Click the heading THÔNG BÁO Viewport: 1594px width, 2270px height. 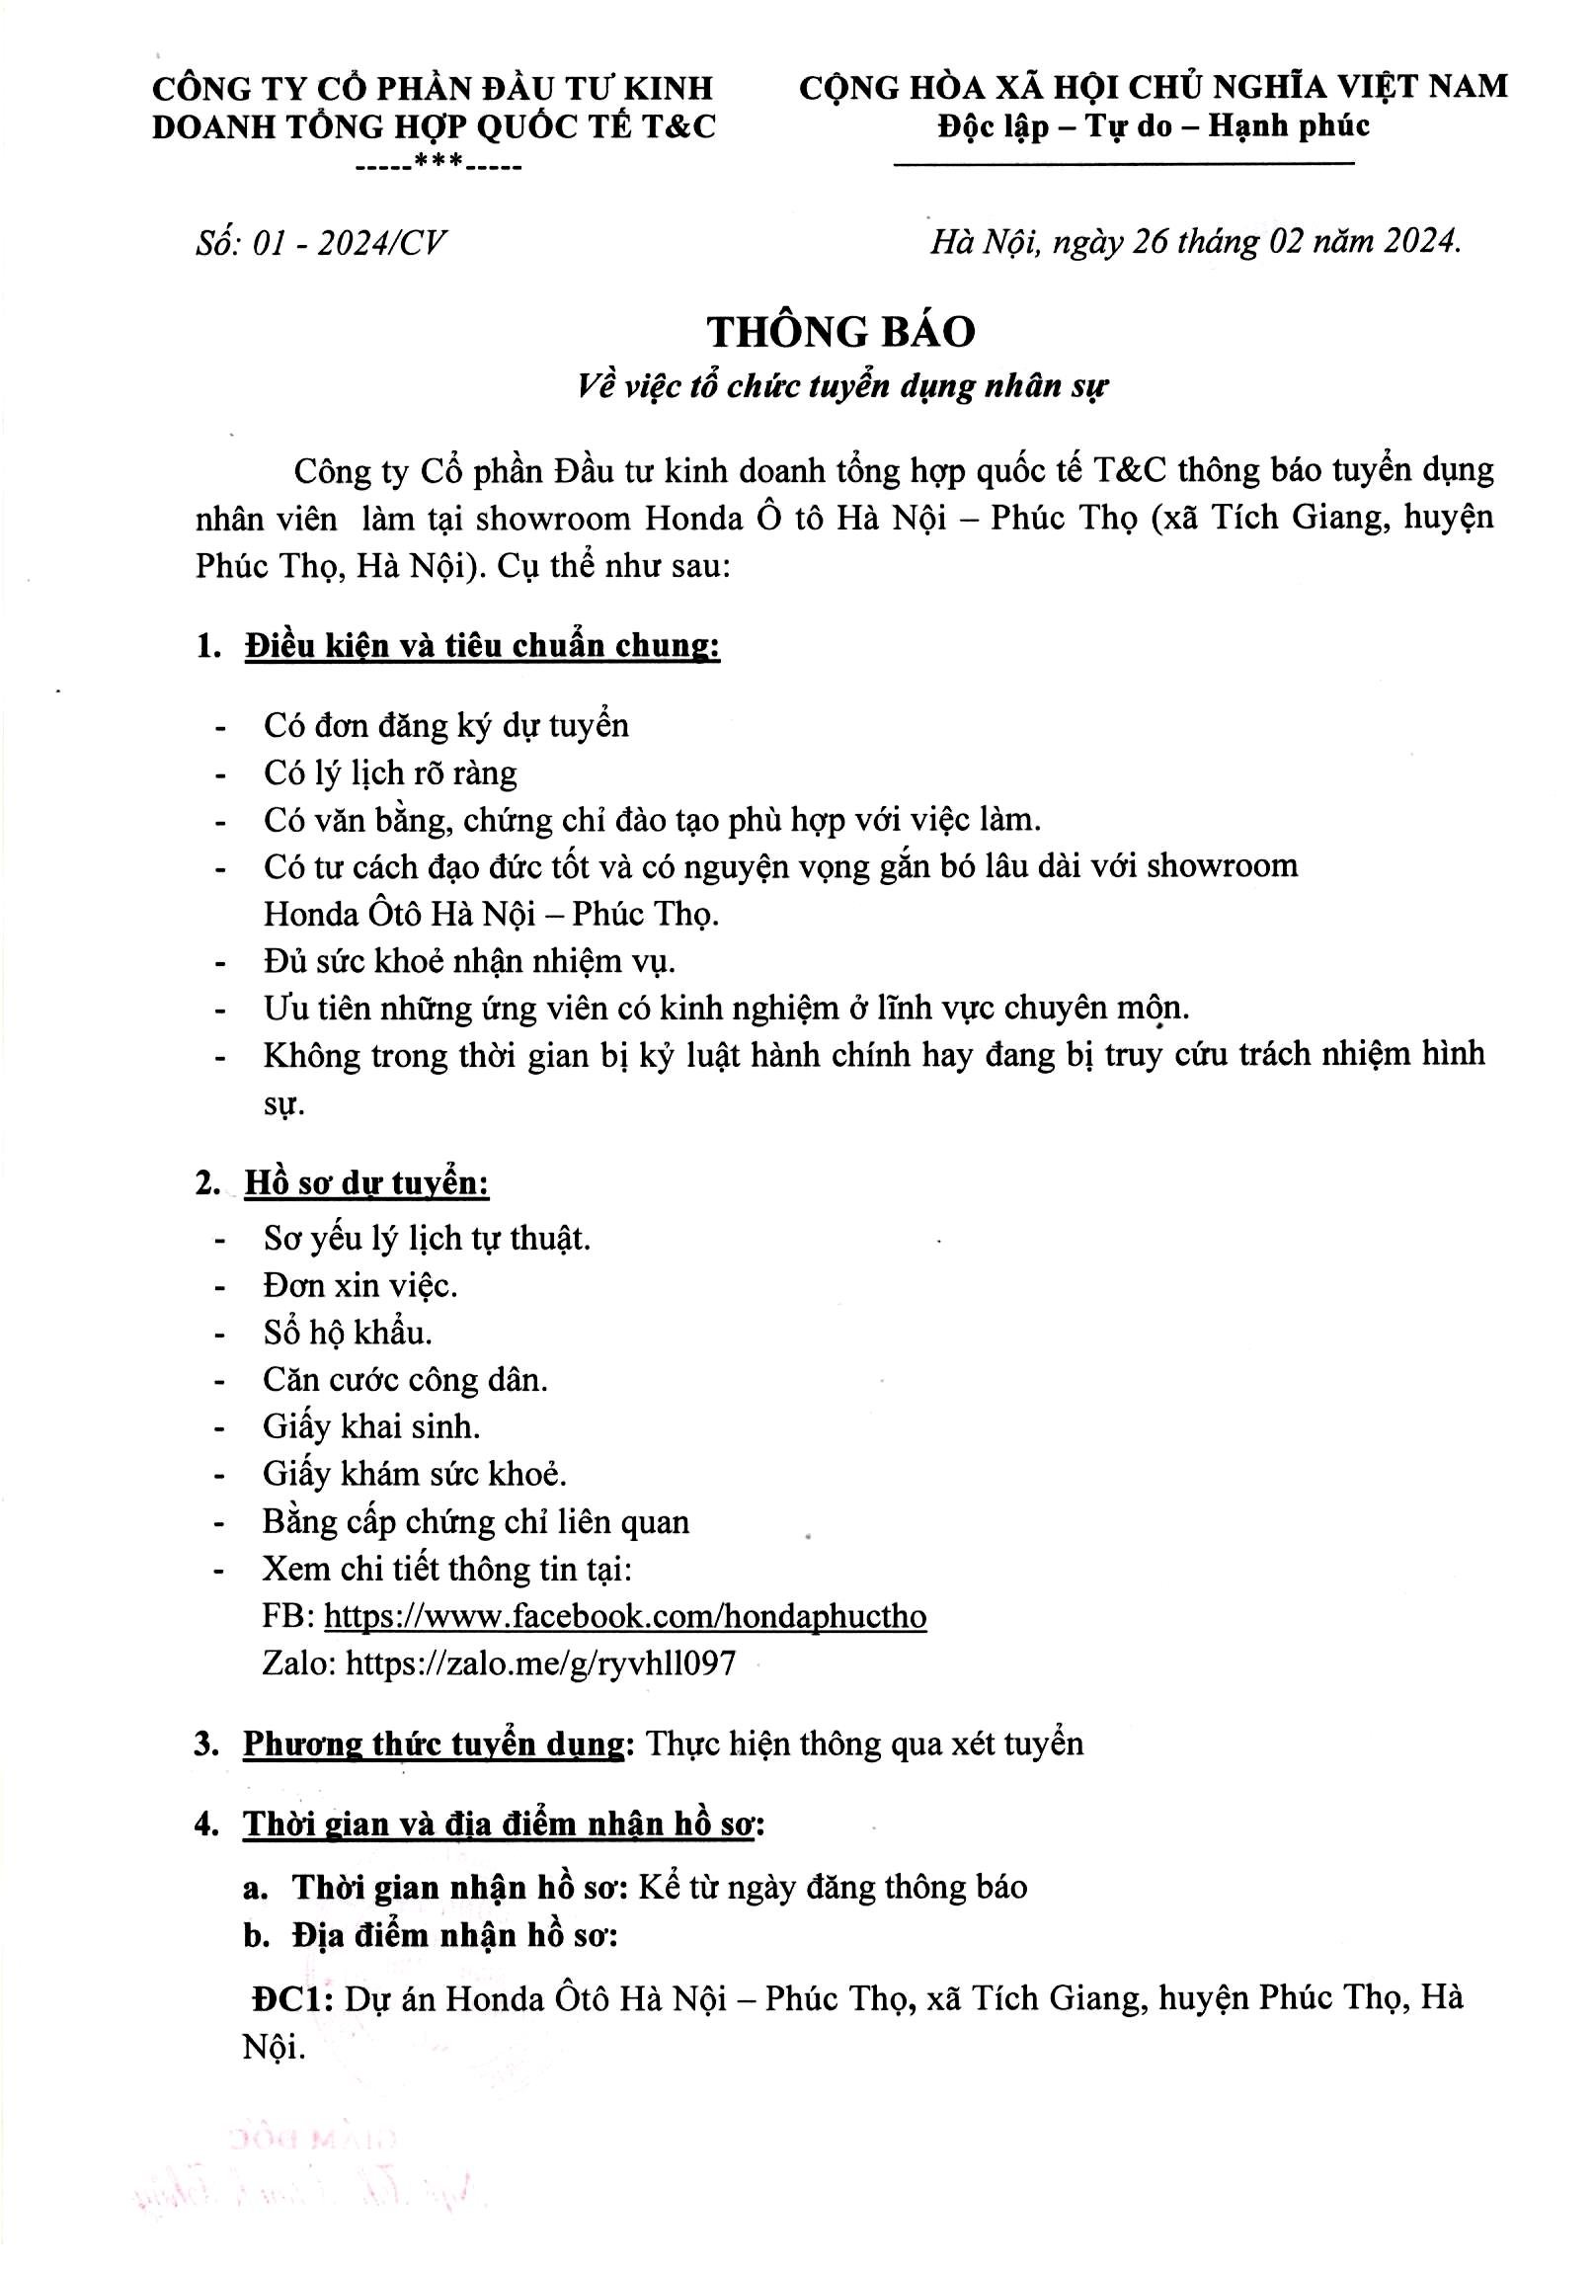pos(841,332)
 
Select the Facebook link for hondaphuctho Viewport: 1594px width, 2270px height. pos(624,1615)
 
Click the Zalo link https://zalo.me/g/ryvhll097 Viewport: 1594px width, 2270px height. pos(540,1662)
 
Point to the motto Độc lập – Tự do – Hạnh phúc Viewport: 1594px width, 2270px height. pos(1154,126)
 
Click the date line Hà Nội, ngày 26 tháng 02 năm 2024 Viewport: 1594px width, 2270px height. pos(1195,241)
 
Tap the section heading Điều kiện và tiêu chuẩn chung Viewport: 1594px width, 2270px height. pos(482,647)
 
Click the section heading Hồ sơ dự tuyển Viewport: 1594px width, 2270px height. pos(366,1183)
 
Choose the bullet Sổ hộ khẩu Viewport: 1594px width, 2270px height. pos(348,1333)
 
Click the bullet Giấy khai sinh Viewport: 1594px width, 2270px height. pos(371,1426)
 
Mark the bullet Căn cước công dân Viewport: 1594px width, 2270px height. pos(405,1379)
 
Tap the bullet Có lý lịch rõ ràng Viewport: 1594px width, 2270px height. pos(390,773)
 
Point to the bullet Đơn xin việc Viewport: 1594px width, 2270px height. pos(359,1285)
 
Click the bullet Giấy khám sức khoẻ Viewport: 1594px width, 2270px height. pos(415,1474)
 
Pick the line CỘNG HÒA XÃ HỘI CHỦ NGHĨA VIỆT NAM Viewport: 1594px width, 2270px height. pos(1154,88)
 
